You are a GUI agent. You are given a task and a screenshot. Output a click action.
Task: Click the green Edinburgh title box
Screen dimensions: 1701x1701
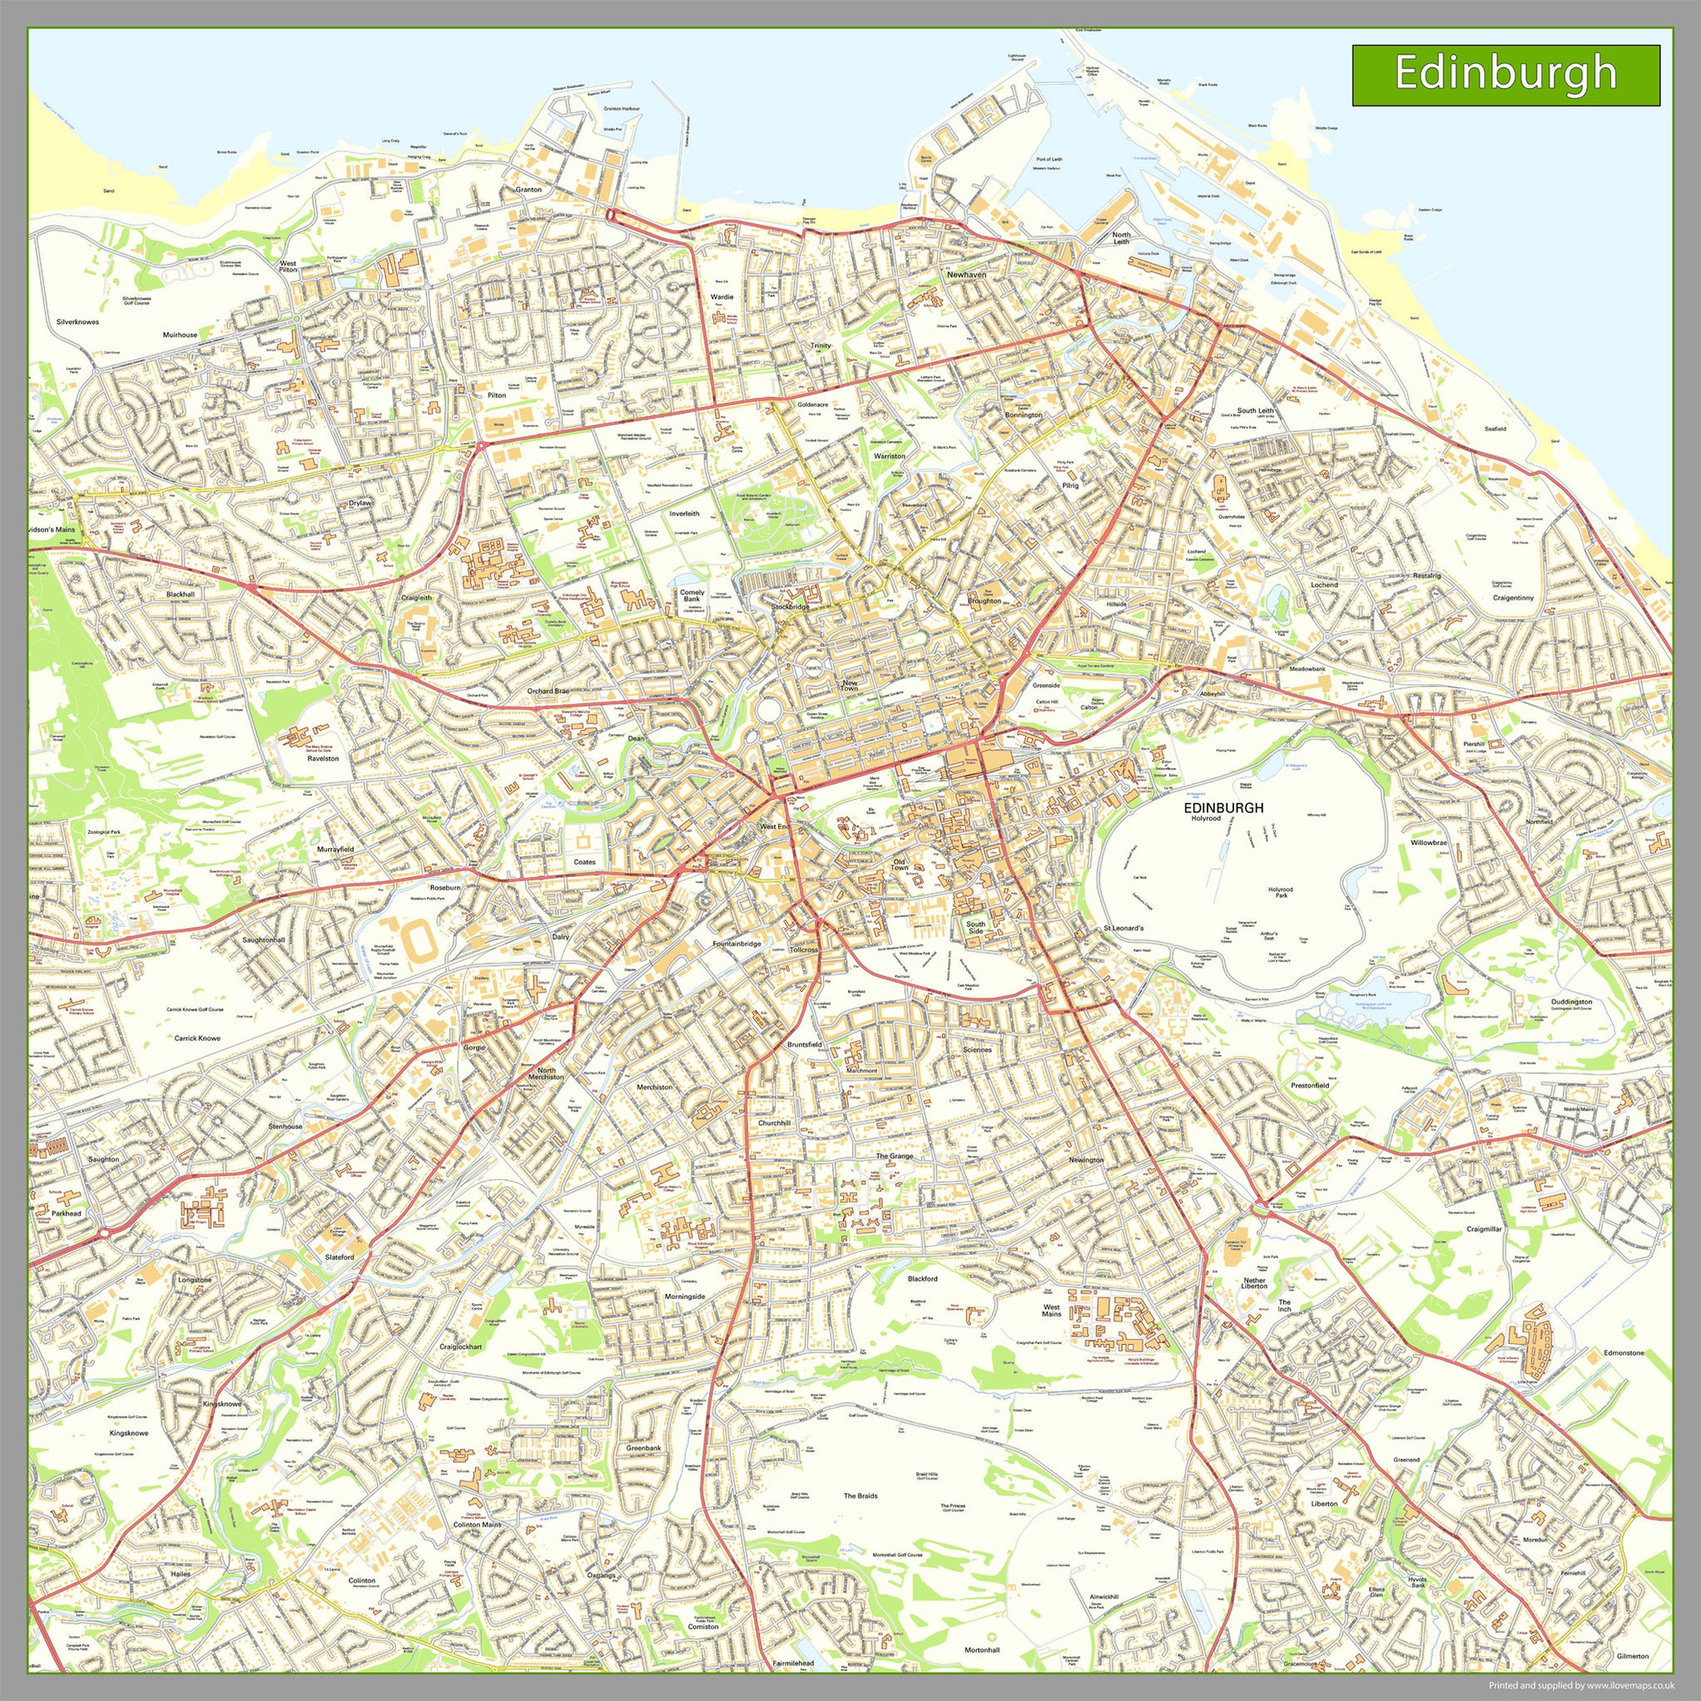point(1505,75)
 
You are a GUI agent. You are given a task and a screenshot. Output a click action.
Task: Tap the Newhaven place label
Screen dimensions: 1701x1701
point(966,275)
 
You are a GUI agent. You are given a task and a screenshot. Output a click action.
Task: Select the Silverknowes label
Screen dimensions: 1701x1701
point(77,322)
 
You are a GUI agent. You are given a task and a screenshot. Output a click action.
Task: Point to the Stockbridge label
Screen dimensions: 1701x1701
point(790,607)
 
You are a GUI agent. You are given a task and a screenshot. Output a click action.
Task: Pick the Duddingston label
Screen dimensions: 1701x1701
point(1570,1002)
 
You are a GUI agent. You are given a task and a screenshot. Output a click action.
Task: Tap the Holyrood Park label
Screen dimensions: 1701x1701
point(1279,894)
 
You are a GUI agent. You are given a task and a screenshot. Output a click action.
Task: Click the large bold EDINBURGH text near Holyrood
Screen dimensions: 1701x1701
point(1223,807)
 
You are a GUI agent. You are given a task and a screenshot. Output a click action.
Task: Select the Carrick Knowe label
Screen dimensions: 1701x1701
point(197,1038)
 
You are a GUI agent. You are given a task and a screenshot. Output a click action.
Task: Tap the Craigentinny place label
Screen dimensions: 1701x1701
point(1514,598)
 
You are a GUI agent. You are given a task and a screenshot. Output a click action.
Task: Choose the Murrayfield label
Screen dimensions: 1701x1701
point(335,849)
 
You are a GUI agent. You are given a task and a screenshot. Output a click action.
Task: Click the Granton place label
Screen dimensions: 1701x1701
point(528,189)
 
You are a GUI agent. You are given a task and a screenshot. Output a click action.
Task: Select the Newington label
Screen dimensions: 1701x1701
point(1085,1159)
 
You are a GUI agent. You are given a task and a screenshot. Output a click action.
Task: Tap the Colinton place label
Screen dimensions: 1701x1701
point(362,1580)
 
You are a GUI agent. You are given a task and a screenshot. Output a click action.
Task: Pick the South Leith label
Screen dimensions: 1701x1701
point(1255,411)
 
